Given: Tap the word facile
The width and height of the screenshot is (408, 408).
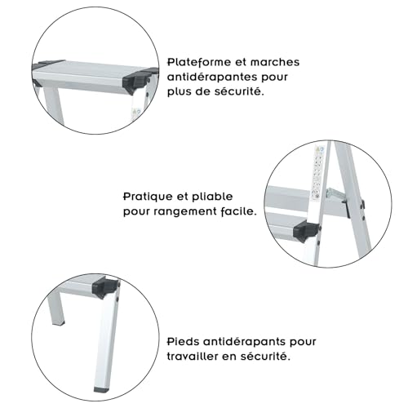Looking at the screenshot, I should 239,211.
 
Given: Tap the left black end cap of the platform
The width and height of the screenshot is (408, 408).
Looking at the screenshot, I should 44,63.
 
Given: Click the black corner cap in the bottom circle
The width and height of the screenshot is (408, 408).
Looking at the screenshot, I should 108,287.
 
